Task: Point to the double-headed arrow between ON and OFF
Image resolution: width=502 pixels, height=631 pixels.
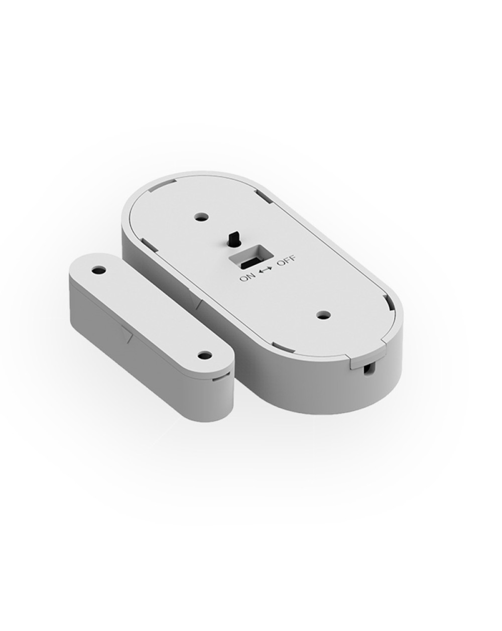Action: point(265,270)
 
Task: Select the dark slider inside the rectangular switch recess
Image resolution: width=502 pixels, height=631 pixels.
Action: point(248,262)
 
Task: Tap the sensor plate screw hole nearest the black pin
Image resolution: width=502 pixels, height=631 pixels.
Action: point(202,217)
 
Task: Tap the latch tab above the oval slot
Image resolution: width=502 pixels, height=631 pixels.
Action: point(354,359)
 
